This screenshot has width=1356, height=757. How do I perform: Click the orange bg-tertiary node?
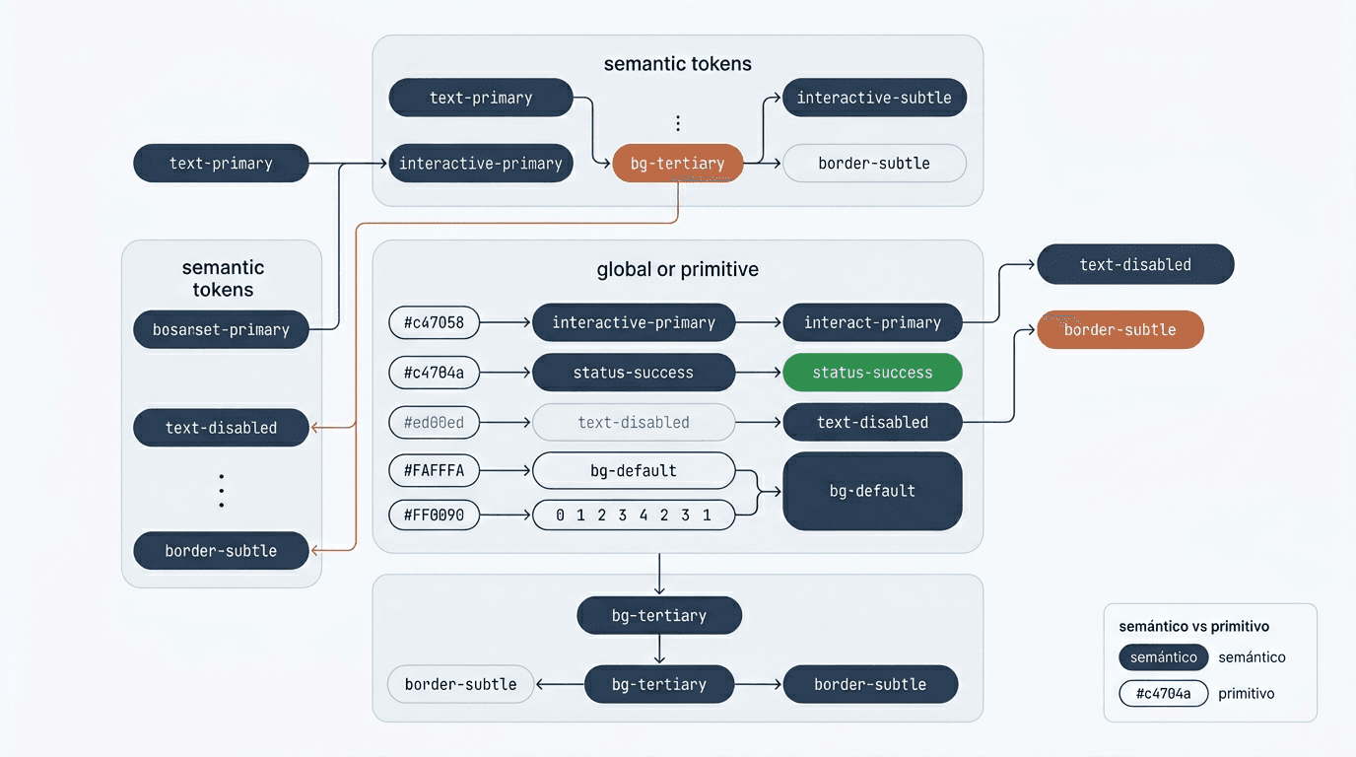(678, 164)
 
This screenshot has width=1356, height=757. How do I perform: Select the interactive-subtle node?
(874, 98)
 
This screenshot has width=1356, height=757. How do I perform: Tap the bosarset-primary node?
(221, 330)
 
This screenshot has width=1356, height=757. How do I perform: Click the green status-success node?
(872, 373)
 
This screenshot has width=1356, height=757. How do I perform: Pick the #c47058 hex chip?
(434, 322)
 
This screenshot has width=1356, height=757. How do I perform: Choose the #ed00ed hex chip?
(434, 422)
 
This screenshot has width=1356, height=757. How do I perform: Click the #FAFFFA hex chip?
(434, 471)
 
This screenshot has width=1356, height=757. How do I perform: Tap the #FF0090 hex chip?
(434, 515)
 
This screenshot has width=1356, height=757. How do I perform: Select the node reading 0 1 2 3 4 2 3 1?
(634, 515)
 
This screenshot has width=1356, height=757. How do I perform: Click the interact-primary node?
(872, 322)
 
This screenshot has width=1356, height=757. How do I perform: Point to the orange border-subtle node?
(1119, 330)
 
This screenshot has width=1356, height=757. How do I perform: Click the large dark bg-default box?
(872, 491)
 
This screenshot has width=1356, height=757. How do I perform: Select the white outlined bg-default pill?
(634, 471)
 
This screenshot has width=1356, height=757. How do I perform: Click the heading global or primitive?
(677, 269)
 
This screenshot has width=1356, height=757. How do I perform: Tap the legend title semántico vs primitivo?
(1193, 626)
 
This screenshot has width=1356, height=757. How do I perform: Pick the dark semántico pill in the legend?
(1163, 657)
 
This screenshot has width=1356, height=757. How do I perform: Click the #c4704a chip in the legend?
(1163, 694)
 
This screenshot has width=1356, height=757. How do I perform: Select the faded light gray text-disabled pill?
(634, 422)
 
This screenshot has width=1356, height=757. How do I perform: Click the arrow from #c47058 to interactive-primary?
(505, 322)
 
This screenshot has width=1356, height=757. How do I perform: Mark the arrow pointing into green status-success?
(759, 373)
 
